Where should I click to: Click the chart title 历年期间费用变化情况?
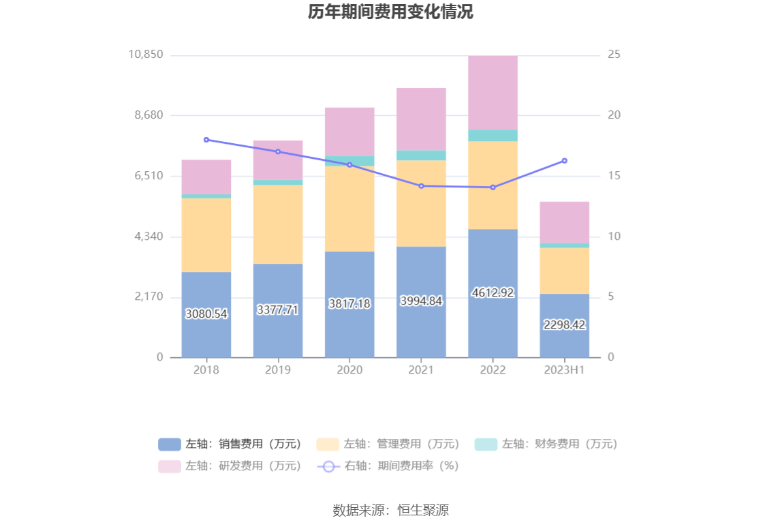[390, 13]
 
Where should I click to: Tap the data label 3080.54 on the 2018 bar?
[206, 314]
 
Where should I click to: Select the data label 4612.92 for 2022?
[492, 292]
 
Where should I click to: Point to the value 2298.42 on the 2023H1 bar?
[564, 325]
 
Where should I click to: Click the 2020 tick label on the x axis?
[349, 370]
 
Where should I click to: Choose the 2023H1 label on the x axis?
[564, 370]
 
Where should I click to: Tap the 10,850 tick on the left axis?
[145, 55]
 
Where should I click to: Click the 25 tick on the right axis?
[614, 55]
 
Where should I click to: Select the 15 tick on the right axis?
[614, 176]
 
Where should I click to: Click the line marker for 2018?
[206, 140]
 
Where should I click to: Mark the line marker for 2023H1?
[564, 161]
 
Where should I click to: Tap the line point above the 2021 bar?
[421, 186]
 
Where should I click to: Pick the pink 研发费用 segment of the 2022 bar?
[492, 92]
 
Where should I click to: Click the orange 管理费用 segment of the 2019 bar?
[278, 224]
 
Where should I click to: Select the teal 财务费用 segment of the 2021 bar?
[421, 155]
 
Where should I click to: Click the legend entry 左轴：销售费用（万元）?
[230, 444]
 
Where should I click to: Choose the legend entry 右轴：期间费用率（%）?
[388, 466]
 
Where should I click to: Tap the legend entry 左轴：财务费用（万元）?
[546, 444]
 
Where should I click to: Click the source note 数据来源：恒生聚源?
[390, 511]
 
